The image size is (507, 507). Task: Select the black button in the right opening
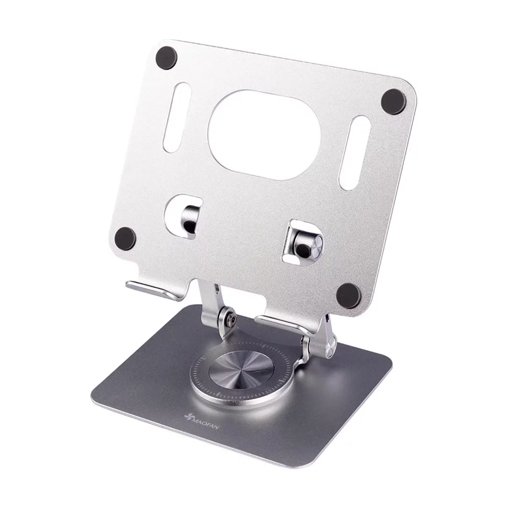tap(303, 249)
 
